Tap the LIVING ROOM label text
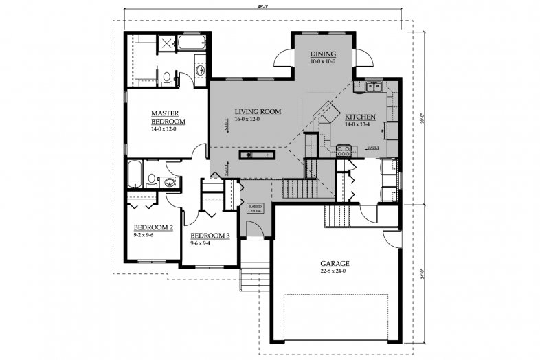(x=258, y=111)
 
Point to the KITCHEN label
(x=361, y=117)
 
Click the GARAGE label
(x=335, y=263)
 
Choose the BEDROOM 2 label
(x=153, y=227)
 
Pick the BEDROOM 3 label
(x=210, y=235)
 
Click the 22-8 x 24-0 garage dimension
(x=335, y=271)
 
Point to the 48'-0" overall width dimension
(x=260, y=7)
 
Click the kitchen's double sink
(x=374, y=87)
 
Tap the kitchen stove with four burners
(x=344, y=148)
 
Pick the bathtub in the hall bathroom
(x=135, y=174)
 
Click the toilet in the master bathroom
(x=166, y=76)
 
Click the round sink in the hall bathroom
(x=168, y=182)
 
